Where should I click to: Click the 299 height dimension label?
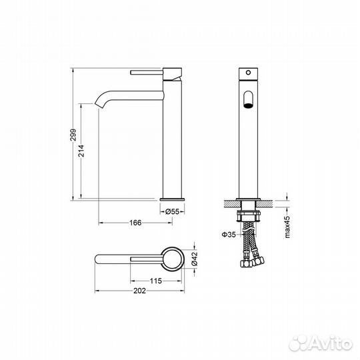pos(73,135)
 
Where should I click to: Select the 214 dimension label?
pos(81,151)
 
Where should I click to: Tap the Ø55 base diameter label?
pos(172,211)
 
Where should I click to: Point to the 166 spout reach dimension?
pos(135,223)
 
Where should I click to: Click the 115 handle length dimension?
pos(155,281)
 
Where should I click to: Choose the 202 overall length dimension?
pos(139,291)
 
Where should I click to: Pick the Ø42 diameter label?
pos(194,259)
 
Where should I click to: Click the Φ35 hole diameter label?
pos(229,235)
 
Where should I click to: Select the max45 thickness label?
pos(287,227)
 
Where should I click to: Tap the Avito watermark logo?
pos(321,343)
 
